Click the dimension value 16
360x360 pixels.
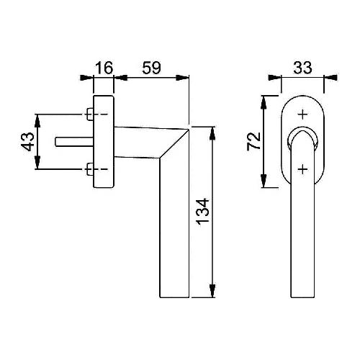[x=104, y=68]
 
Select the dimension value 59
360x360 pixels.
[x=151, y=68]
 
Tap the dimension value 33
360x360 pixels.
[x=302, y=68]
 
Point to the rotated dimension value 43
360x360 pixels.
[x=27, y=142]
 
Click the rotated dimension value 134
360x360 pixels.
[x=203, y=212]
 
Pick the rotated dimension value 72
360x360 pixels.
[x=253, y=141]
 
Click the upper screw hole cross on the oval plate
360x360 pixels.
[x=302, y=114]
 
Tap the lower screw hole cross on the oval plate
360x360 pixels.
[x=302, y=169]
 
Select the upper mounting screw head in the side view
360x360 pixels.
[x=90, y=114]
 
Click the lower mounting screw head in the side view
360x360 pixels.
[x=90, y=169]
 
